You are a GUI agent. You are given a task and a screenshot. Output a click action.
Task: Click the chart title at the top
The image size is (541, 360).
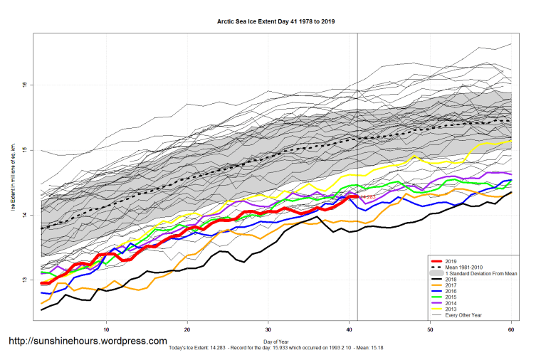pyautogui.click(x=275, y=21)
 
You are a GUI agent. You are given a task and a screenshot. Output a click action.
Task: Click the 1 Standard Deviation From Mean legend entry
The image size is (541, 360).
pyautogui.click(x=478, y=273)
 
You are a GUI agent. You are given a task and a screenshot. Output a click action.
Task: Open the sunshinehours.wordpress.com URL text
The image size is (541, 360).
pyautogui.click(x=88, y=342)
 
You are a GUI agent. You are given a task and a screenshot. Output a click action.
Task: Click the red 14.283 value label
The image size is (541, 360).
pyautogui.click(x=367, y=196)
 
